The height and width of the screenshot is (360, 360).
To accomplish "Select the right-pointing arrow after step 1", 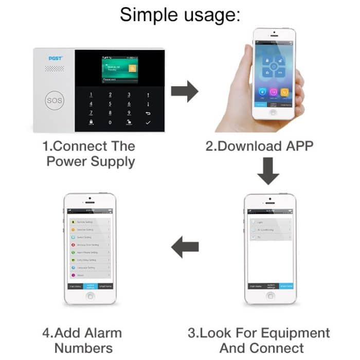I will point(185,92).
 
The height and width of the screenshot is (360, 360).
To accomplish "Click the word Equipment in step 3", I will point(290,333).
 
